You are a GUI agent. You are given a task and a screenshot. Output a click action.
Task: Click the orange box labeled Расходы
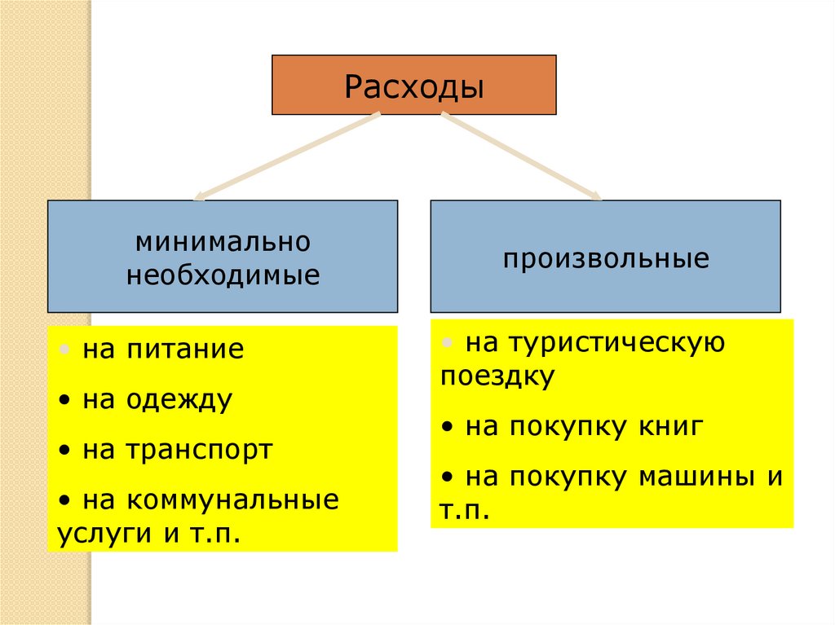413,85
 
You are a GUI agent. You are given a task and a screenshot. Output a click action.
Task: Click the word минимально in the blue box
223,242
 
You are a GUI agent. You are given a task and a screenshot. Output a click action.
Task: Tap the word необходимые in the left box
223,275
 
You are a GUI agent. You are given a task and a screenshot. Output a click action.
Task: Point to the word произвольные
605,259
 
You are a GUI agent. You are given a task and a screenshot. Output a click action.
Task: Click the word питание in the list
185,350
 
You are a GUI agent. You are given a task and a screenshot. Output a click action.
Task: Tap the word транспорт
199,450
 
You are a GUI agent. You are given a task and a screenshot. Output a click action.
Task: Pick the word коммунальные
232,500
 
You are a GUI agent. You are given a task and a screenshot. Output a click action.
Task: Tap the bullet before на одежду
64,401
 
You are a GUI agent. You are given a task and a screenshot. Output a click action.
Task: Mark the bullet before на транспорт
64,451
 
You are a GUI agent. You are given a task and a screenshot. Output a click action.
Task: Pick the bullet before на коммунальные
64,500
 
